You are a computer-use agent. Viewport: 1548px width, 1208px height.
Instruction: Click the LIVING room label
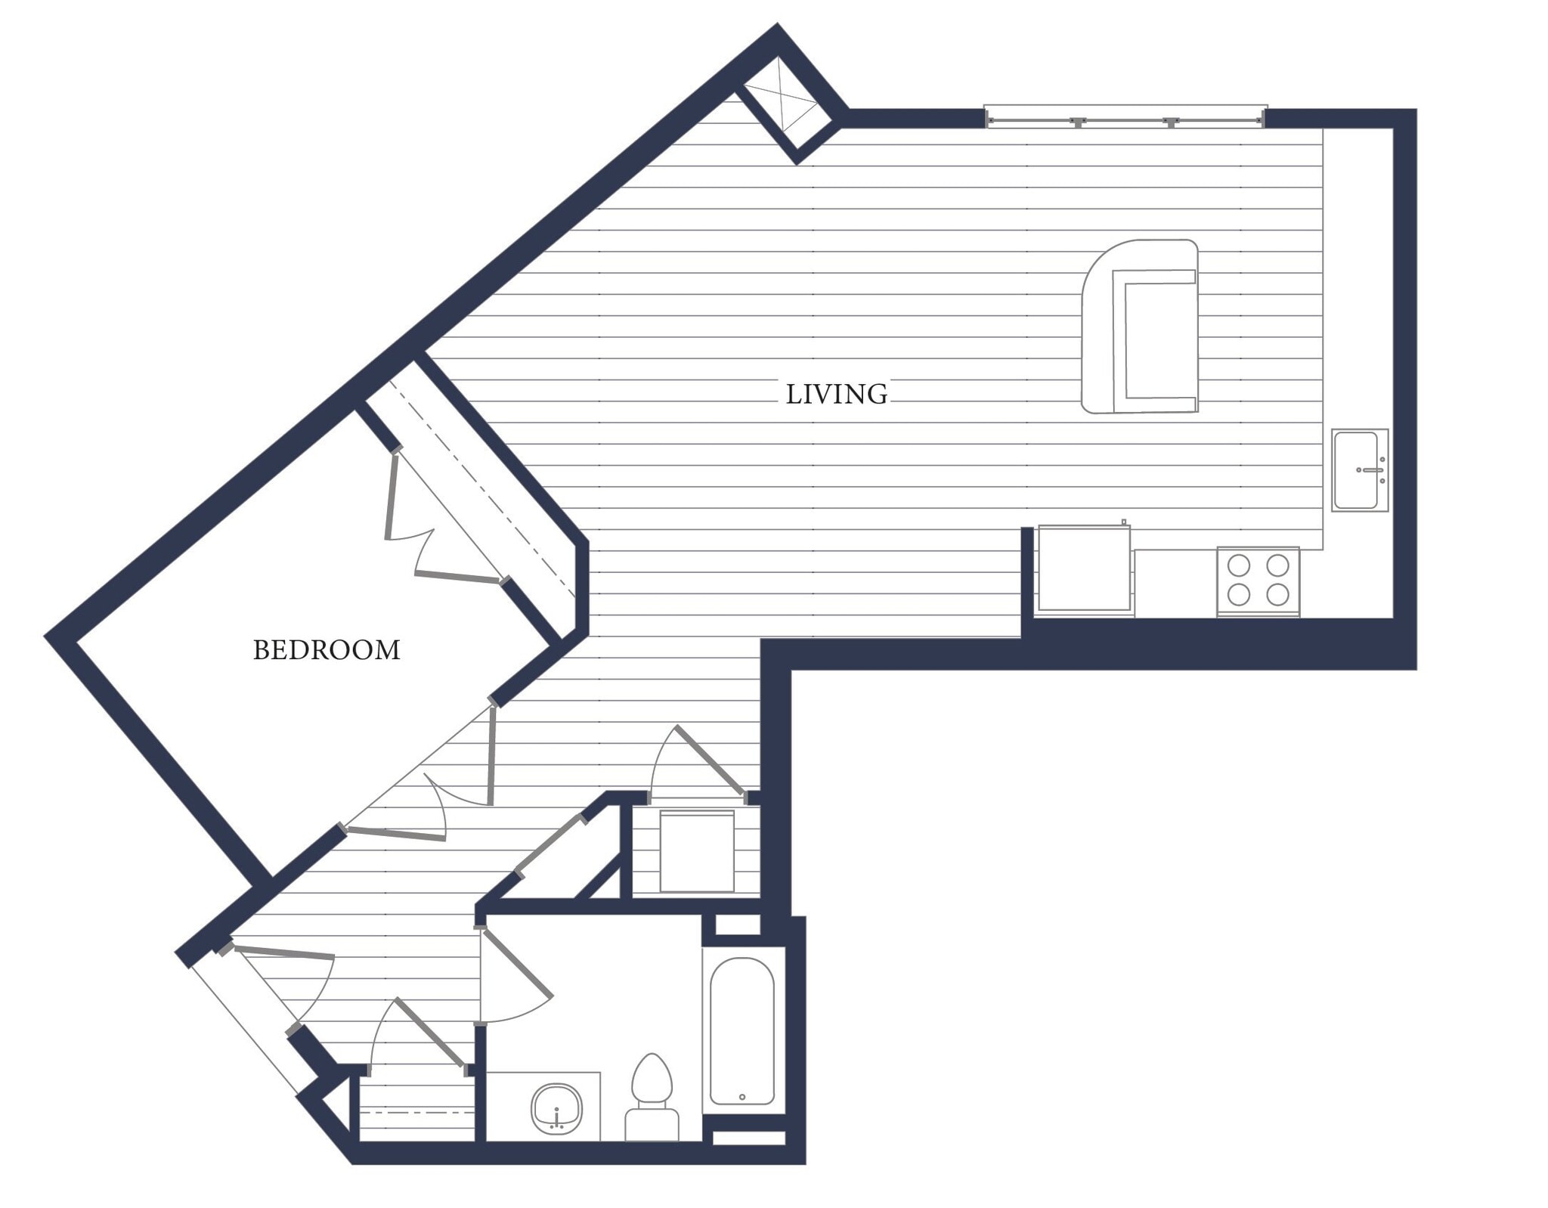pyautogui.click(x=836, y=395)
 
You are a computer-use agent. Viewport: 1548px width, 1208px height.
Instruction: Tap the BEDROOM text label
pyautogui.click(x=327, y=650)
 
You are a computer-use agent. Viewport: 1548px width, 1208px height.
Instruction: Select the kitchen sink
pyautogui.click(x=1359, y=470)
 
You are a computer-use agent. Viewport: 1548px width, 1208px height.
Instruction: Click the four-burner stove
pyautogui.click(x=1258, y=581)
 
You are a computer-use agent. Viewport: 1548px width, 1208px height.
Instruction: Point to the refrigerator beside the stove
pyautogui.click(x=1084, y=568)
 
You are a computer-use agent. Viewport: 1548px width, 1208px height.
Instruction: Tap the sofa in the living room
pyautogui.click(x=1140, y=327)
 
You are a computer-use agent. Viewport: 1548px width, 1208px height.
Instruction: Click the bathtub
pyautogui.click(x=741, y=1031)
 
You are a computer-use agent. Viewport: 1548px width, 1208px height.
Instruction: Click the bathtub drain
pyautogui.click(x=742, y=1097)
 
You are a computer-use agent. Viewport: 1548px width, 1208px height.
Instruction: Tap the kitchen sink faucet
pyautogui.click(x=1373, y=470)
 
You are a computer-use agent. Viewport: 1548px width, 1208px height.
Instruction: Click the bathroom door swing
pyautogui.click(x=517, y=975)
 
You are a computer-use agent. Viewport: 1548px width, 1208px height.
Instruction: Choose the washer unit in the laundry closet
pyautogui.click(x=697, y=851)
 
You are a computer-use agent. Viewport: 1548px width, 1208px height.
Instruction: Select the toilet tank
pyautogui.click(x=652, y=1124)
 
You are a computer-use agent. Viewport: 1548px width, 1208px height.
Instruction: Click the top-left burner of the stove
pyautogui.click(x=1239, y=565)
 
